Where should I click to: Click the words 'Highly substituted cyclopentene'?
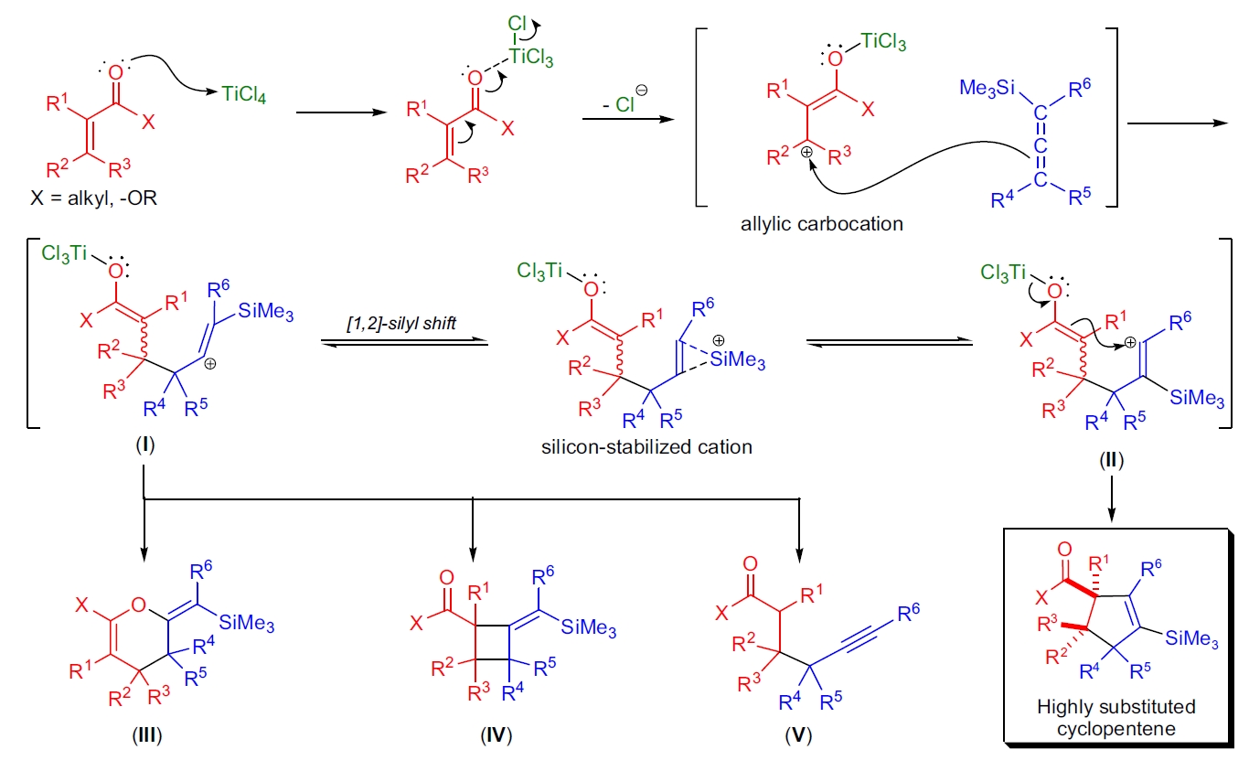[x=1116, y=717]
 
